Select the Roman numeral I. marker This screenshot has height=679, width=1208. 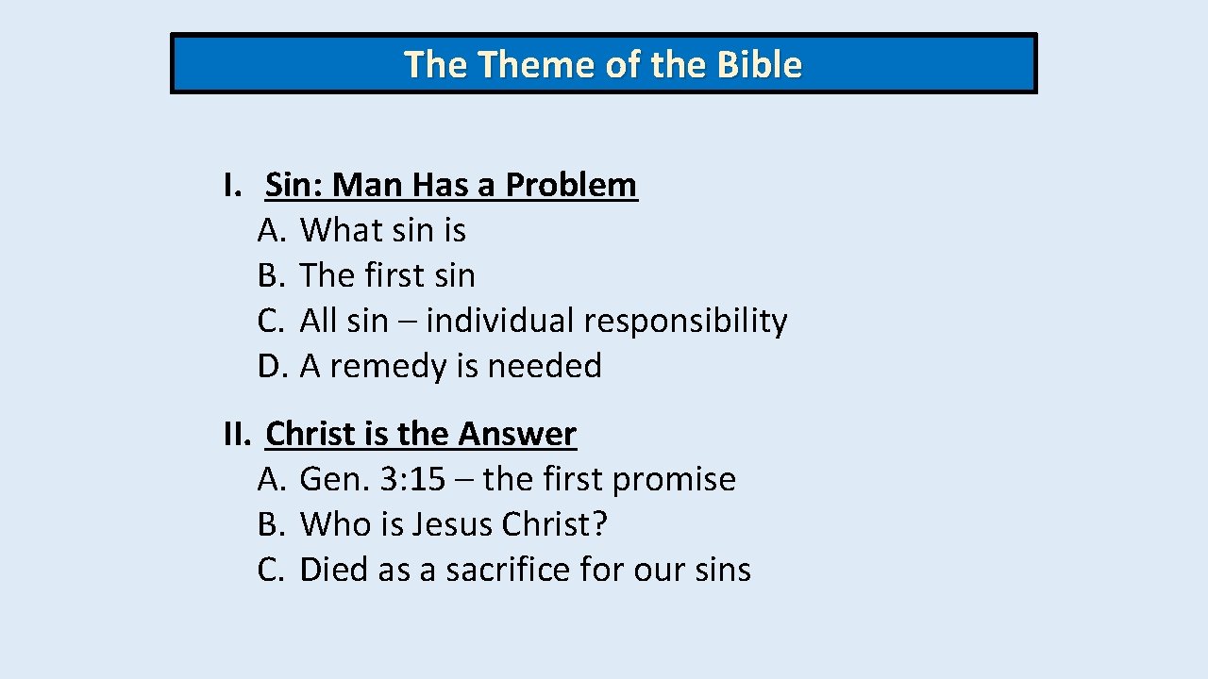(232, 185)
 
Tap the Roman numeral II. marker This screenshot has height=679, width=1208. (238, 434)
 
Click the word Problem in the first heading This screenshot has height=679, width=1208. (571, 185)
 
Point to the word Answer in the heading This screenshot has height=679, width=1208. (517, 434)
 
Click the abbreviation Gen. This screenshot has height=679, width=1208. (334, 479)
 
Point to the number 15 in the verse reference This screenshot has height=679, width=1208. (426, 479)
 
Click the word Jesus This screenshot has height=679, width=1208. (453, 524)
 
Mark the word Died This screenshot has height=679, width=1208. (334, 570)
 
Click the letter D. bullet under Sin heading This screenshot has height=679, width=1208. (272, 366)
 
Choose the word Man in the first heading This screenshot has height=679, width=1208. (367, 185)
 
